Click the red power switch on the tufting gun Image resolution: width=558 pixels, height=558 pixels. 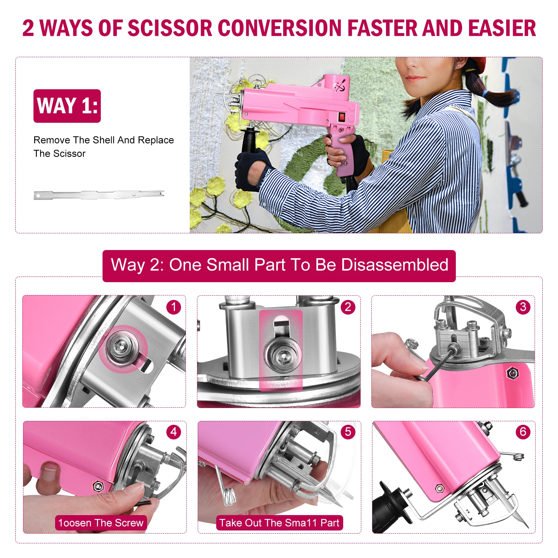342,117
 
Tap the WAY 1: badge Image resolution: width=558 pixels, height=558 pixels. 67,106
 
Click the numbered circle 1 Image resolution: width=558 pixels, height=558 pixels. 174,307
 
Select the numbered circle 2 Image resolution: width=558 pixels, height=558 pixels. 348,307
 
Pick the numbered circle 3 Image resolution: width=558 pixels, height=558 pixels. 523,307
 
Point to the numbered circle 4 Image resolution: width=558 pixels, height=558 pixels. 174,432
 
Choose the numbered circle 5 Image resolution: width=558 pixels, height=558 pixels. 348,432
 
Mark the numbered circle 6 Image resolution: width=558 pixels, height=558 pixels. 523,432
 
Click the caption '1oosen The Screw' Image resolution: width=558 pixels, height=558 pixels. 101,523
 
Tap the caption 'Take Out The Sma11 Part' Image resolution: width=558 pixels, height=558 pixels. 279,523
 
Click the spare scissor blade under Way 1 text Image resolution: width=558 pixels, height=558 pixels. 99,195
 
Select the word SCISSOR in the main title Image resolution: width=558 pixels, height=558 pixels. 170,28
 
